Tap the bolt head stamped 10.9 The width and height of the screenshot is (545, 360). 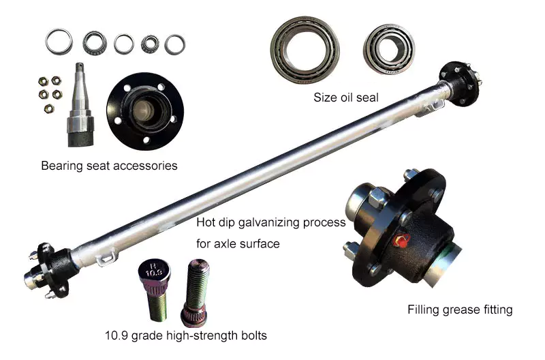[x=154, y=271]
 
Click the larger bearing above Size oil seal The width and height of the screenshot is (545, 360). [x=305, y=50]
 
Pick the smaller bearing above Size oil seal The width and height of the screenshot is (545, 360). [x=389, y=48]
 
